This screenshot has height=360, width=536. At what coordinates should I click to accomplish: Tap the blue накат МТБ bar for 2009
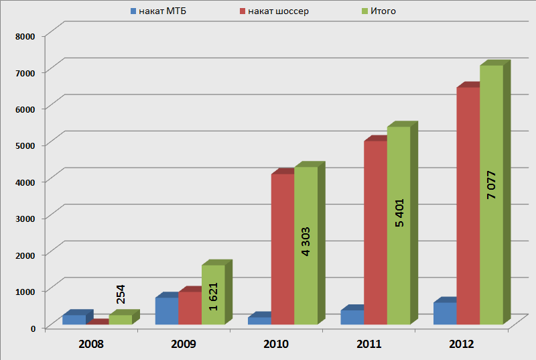167,311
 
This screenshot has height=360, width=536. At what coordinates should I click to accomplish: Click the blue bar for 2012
444,314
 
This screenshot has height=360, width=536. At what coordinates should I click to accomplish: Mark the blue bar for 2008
74,320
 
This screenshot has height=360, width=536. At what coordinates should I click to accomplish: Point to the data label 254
121,294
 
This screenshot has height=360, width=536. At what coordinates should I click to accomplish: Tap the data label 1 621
214,296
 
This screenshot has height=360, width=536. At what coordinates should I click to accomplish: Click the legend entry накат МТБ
157,11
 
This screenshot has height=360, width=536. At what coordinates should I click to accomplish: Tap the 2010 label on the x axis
276,345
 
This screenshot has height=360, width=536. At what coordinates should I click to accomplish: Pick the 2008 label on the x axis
90,345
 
